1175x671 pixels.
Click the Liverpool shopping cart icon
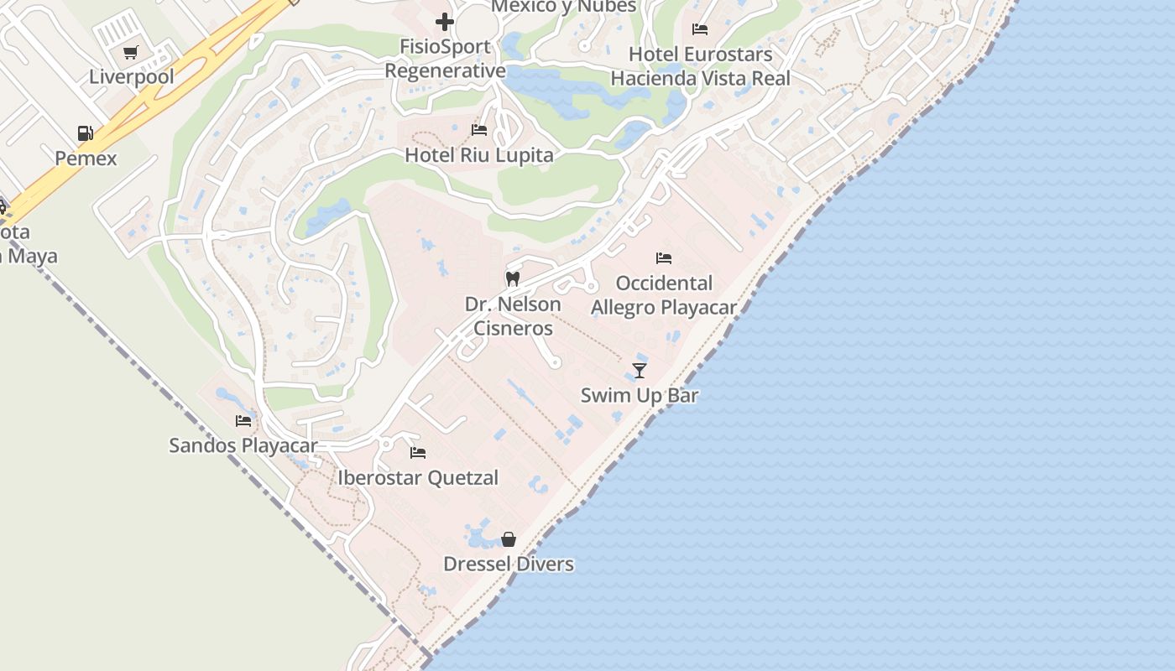[130, 53]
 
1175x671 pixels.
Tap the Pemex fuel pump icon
[85, 133]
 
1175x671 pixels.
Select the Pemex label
[86, 158]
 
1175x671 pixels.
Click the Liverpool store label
[132, 77]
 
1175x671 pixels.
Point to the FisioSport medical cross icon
[445, 22]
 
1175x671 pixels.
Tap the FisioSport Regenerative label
[445, 60]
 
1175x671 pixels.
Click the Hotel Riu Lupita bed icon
[479, 130]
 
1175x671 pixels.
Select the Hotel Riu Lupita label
[479, 155]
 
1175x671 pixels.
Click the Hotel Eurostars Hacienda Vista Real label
[700, 66]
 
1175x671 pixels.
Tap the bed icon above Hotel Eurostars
[700, 29]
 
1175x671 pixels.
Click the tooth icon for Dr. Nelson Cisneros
[513, 278]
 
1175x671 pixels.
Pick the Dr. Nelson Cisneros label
[513, 315]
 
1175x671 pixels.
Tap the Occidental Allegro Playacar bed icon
[664, 258]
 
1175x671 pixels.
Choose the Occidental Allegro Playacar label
[664, 295]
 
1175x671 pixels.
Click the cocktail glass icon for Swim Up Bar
[640, 370]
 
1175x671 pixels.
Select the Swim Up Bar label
[640, 395]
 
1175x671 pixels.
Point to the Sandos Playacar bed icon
[243, 420]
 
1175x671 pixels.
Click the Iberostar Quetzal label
[418, 478]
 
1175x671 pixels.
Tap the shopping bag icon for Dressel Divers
[509, 539]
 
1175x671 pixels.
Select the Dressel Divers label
[509, 564]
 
